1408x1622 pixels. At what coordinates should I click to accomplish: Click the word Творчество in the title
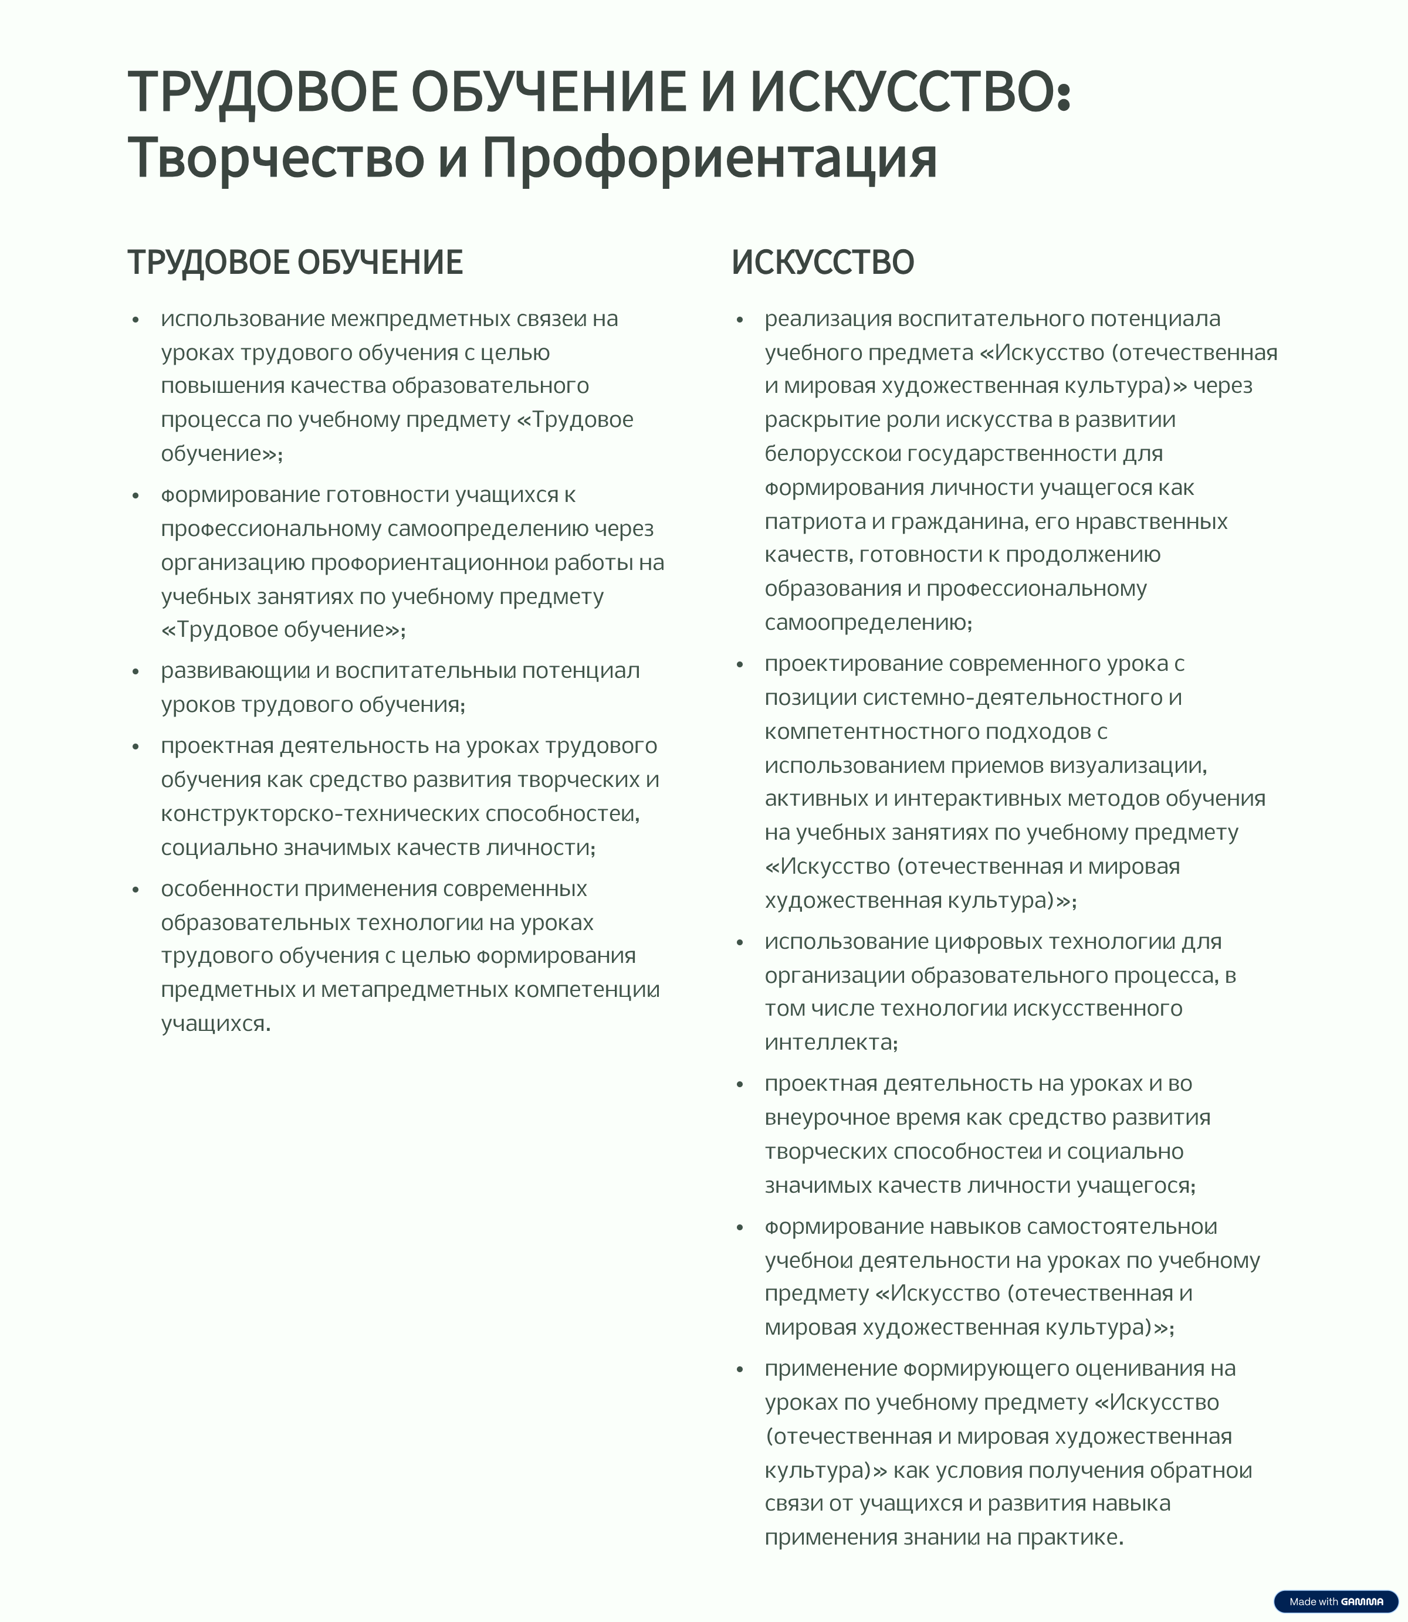(x=276, y=158)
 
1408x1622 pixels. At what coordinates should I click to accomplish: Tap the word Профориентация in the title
(x=709, y=158)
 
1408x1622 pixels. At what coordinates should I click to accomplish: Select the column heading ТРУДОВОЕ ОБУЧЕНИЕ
(x=296, y=262)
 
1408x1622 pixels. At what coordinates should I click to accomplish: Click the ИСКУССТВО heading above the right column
(x=823, y=262)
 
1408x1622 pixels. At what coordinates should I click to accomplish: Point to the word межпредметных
(x=421, y=319)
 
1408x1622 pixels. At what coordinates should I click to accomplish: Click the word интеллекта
(x=829, y=1042)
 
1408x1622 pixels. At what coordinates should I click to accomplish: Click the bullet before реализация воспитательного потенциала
(x=739, y=321)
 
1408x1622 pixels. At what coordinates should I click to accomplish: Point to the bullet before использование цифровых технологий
(x=739, y=942)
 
